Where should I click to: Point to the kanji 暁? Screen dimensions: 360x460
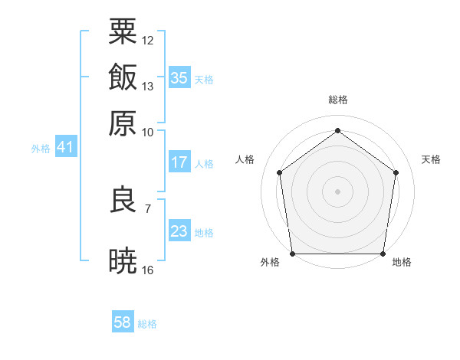[123, 261]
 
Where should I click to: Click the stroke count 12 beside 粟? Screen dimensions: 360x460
[148, 40]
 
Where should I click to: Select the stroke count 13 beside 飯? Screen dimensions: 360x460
[148, 86]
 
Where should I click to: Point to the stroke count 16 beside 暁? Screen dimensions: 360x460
[148, 270]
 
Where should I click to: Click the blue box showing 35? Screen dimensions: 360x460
[179, 77]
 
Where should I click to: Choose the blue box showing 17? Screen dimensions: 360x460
[179, 162]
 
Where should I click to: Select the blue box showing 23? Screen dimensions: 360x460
[179, 231]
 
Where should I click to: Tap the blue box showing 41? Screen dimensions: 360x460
[64, 147]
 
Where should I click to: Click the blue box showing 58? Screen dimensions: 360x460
[122, 322]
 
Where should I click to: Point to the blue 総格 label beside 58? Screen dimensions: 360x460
[147, 324]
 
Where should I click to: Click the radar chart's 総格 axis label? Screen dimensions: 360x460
[337, 100]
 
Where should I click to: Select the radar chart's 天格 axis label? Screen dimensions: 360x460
[431, 159]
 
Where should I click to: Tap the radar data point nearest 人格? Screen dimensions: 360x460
[279, 172]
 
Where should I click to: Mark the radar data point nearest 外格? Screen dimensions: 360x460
[292, 254]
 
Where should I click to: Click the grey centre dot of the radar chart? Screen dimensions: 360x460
[337, 191]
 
